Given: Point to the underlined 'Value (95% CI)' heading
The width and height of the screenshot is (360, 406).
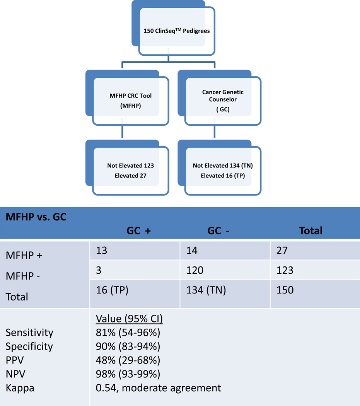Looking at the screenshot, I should [x=129, y=319].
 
